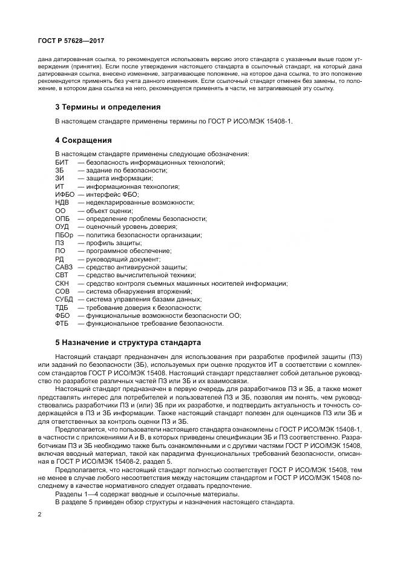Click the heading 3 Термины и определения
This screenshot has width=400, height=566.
tap(107, 107)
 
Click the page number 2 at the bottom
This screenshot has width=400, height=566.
tap(39, 515)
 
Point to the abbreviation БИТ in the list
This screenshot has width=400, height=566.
tap(61, 162)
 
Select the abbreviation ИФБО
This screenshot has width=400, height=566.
tap(64, 194)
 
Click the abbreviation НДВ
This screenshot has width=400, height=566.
tap(62, 202)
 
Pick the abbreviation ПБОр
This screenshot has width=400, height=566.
tap(64, 235)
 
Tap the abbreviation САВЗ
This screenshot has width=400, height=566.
tap(64, 267)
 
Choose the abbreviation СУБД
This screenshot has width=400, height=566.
tap(64, 299)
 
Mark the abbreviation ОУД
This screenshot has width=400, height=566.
tap(62, 226)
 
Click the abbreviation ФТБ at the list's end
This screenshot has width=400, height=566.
tap(62, 323)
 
